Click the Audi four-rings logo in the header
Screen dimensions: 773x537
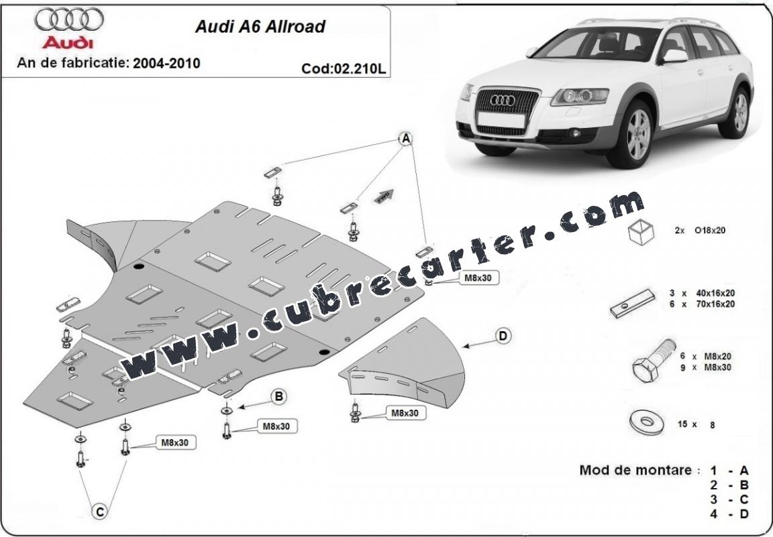point(69,19)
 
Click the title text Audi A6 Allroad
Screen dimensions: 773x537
point(260,26)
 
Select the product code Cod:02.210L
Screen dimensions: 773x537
point(344,68)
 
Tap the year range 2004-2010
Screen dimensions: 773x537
point(166,63)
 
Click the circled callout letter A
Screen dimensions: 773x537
point(406,139)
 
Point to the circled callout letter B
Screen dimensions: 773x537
point(278,396)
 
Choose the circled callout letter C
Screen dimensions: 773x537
point(99,512)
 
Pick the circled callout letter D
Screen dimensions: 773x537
point(503,336)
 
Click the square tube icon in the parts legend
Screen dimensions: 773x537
point(641,231)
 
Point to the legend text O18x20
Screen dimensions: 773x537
point(710,230)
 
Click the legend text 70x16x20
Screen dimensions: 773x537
point(715,304)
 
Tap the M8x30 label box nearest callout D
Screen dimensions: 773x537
point(405,413)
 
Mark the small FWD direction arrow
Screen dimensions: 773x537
point(386,195)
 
